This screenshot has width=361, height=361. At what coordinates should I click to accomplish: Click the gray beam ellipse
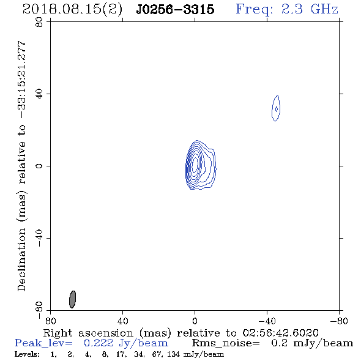tap(73, 299)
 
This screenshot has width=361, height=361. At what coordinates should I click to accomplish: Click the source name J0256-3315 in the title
tap(175, 9)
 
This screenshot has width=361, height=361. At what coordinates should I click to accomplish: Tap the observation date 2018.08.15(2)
tap(72, 9)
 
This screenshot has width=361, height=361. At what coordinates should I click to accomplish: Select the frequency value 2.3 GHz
tap(310, 9)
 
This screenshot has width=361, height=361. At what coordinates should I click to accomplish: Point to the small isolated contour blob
tap(276, 108)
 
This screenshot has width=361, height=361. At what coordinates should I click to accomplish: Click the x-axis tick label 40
tap(122, 321)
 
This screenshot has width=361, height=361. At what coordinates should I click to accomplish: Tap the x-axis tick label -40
tap(267, 321)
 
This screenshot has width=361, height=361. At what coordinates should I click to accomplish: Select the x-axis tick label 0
tap(195, 321)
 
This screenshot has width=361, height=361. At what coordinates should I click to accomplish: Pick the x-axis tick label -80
tap(339, 321)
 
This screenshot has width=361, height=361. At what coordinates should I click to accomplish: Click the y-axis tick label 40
tap(39, 94)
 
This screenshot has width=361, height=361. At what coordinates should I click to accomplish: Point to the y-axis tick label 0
tap(39, 166)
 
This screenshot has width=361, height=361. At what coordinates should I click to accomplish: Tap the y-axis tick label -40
tap(39, 238)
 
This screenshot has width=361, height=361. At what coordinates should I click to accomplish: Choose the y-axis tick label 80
tap(39, 22)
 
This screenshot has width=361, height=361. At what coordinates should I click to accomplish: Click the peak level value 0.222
tap(99, 343)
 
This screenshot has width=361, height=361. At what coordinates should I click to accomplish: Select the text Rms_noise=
tap(226, 343)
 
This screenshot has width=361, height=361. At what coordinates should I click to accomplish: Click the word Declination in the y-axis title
tap(21, 259)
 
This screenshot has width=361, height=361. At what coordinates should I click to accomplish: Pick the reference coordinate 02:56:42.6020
tap(280, 333)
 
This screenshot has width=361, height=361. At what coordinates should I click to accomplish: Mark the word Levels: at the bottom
tap(27, 354)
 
